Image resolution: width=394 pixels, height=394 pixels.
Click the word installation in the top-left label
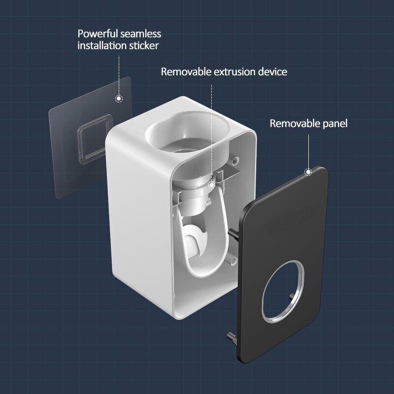coord(101,46)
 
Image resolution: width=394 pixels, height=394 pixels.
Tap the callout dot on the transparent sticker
coord(119,98)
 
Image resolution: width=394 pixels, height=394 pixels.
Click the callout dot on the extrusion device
coord(212,185)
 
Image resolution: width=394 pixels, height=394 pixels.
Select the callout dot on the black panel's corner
coord(308,172)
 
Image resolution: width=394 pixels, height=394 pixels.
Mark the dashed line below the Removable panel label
coord(308,150)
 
